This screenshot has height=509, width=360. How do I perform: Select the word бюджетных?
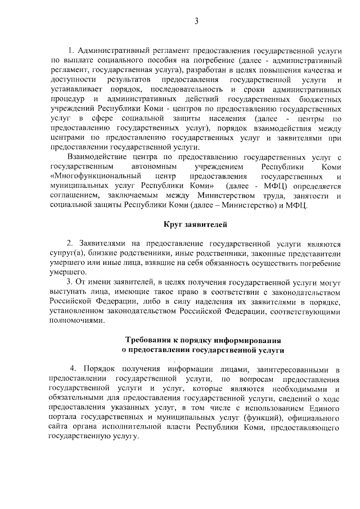tap(322, 98)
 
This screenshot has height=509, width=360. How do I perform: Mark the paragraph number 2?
tap(69, 244)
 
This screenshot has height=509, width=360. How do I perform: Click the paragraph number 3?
tap(69, 281)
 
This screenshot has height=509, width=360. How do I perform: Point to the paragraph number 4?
tap(72, 369)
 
